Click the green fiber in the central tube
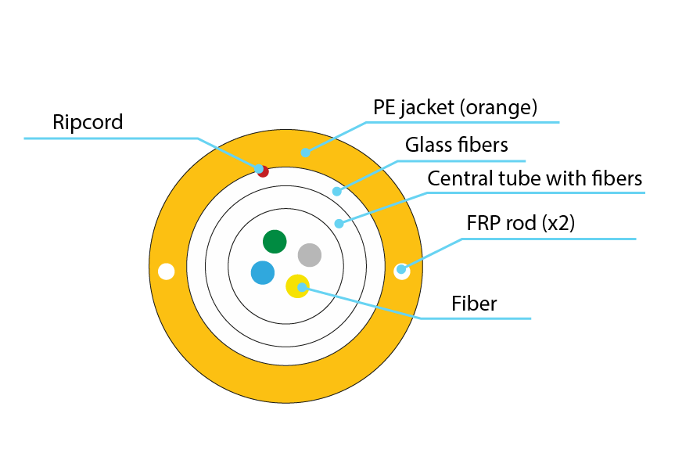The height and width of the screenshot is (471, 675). point(275,242)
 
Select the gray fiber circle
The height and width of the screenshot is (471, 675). point(310,254)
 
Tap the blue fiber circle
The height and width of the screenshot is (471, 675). point(263,273)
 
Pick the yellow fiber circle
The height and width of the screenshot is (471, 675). point(296,287)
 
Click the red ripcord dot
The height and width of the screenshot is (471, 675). point(263,171)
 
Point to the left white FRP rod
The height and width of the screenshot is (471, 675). point(166,271)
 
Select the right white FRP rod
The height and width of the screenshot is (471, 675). point(401,271)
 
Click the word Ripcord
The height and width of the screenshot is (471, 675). point(88,122)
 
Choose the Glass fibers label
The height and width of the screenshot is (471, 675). point(457,145)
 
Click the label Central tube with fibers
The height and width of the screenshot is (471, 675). point(535,179)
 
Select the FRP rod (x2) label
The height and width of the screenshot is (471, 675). point(520,223)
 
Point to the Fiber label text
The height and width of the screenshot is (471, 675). point(475,303)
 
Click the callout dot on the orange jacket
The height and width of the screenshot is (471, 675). point(306,153)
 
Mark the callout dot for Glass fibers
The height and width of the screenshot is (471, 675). point(337,191)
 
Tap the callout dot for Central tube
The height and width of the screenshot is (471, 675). point(339,224)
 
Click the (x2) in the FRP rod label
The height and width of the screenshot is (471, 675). point(559,223)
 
